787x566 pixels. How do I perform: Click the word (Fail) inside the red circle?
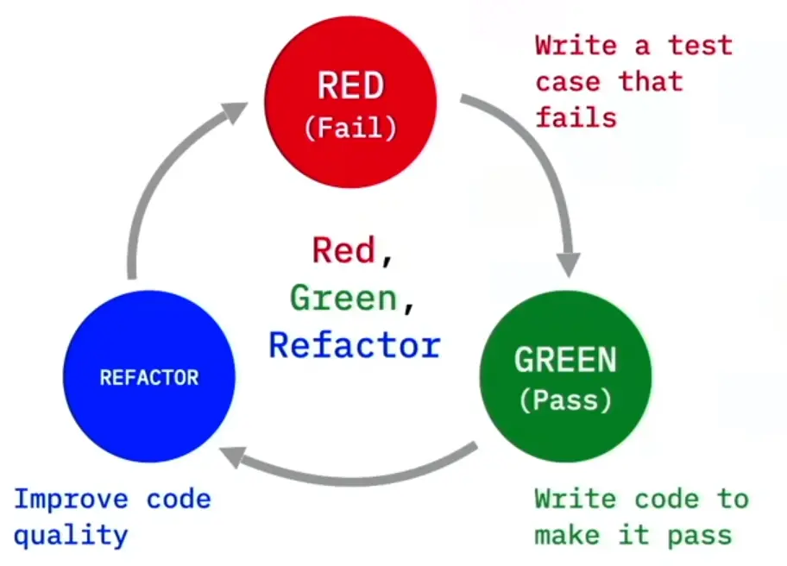(x=350, y=129)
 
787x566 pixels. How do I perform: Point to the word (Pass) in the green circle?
(x=565, y=400)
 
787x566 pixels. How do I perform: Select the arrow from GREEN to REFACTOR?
(x=354, y=470)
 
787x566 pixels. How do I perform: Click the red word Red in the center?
(x=343, y=250)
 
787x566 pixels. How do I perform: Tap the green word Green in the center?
(x=343, y=298)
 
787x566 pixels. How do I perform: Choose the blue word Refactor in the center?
(x=355, y=345)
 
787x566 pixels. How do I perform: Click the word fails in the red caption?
(x=576, y=116)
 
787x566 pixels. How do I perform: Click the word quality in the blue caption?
(x=71, y=536)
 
